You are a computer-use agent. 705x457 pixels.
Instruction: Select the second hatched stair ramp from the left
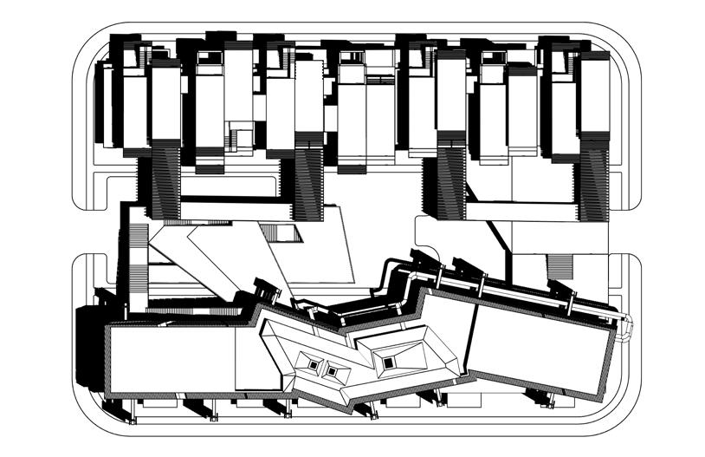pos(307,182)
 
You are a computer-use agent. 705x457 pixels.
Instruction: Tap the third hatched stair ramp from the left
pos(450,182)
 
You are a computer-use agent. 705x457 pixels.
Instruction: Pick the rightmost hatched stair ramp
pos(594,182)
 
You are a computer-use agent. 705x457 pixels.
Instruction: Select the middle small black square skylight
pos(331,371)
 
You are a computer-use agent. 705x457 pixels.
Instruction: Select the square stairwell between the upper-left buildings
pos(241,137)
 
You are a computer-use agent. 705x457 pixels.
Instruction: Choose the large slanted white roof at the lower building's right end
pos(541,347)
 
